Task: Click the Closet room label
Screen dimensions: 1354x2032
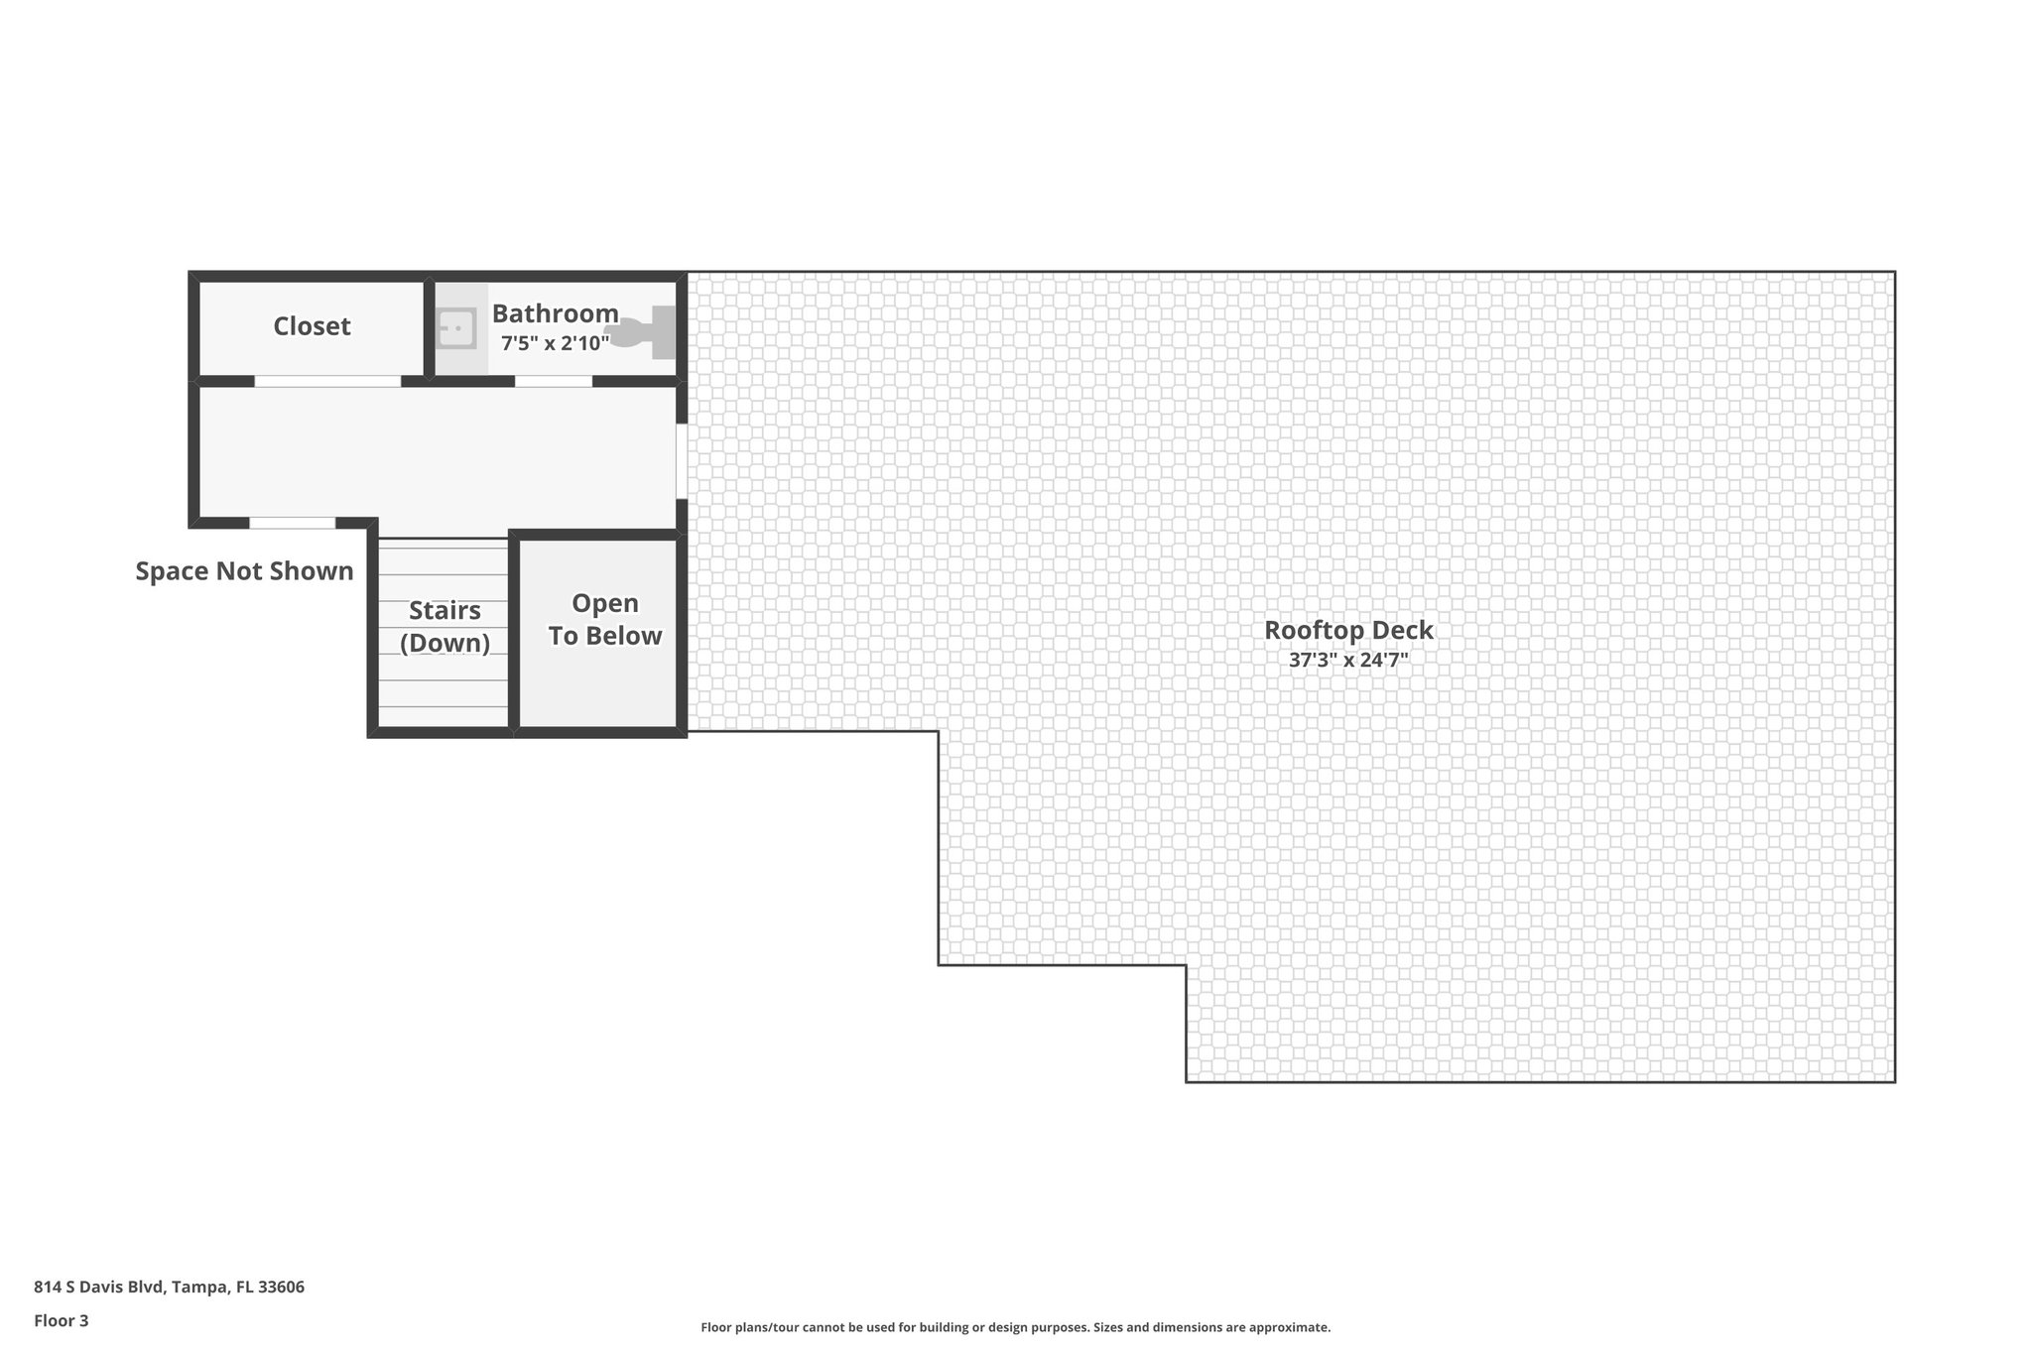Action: [x=312, y=326]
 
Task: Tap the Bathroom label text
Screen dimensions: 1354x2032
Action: [x=555, y=313]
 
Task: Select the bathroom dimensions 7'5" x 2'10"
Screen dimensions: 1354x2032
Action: [x=555, y=344]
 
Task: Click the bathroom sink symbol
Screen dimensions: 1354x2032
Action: [x=456, y=328]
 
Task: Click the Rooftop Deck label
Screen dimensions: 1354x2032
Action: [x=1348, y=630]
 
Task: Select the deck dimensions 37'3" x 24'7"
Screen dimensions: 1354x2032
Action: [x=1348, y=661]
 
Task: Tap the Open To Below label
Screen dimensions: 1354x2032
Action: [x=605, y=620]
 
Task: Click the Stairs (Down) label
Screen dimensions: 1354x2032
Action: [x=444, y=627]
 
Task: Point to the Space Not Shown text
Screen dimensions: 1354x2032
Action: [x=244, y=571]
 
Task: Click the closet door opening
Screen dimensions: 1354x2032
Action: [x=327, y=381]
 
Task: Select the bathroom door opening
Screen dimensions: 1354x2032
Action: [x=554, y=381]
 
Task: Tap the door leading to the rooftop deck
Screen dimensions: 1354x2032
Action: [x=682, y=461]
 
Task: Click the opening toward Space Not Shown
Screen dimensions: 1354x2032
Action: [x=292, y=523]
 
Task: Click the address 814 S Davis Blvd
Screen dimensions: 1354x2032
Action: [x=97, y=1288]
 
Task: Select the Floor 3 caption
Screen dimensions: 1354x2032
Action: [x=62, y=1320]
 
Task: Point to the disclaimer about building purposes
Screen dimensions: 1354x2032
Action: [x=1015, y=1327]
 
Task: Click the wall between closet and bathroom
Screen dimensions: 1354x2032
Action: [x=429, y=327]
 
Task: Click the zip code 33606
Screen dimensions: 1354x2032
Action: [x=281, y=1288]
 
